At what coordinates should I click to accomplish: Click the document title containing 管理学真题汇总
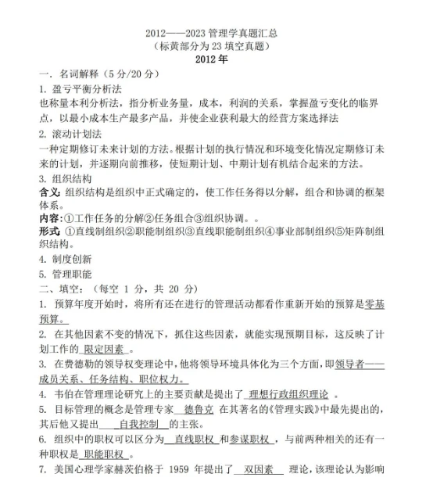tap(216, 33)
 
